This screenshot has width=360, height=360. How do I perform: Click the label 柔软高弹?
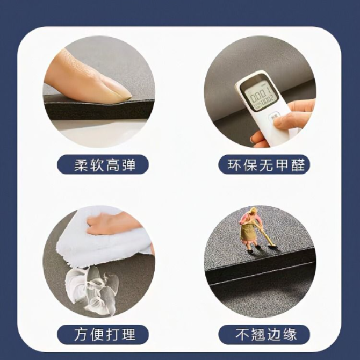[x=105, y=164]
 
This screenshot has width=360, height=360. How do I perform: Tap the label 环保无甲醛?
[x=266, y=164]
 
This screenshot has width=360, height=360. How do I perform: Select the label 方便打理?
[x=105, y=335]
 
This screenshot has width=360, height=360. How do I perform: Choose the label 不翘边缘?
[x=266, y=335]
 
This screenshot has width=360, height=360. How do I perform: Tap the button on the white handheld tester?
[x=273, y=117]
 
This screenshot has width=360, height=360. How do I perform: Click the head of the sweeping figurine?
[x=253, y=211]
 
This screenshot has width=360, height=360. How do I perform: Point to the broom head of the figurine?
[x=272, y=247]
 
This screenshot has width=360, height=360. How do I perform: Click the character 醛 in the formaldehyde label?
[x=298, y=164]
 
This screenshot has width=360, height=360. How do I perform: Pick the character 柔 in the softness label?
[x=81, y=164]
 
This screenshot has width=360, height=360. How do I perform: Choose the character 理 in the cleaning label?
[x=129, y=335]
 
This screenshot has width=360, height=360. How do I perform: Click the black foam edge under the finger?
[x=99, y=110]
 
